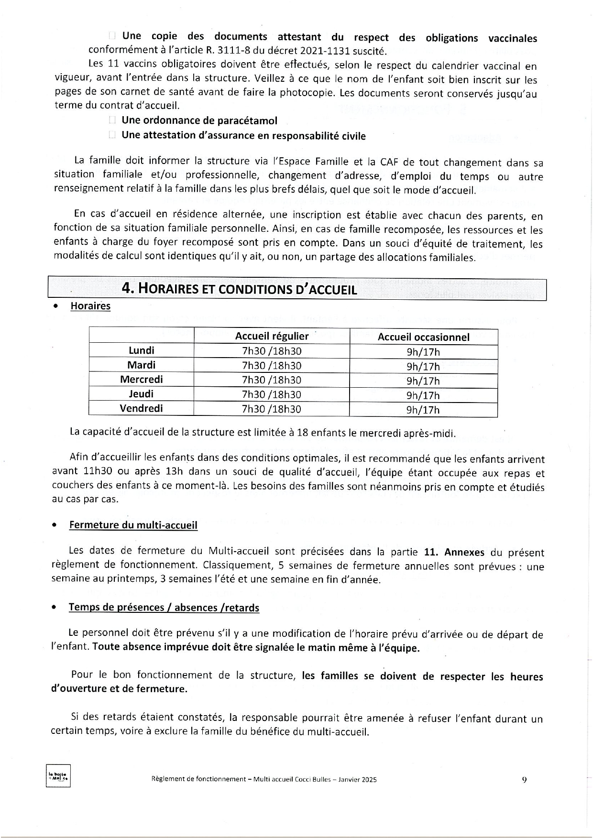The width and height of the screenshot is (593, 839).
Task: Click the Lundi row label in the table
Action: [x=142, y=350]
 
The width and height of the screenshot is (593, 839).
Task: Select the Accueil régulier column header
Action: [x=272, y=336]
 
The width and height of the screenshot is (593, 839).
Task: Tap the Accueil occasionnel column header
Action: [x=423, y=337]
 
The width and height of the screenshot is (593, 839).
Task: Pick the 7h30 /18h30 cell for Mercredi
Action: [x=272, y=380]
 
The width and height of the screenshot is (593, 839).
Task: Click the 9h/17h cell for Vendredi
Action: [x=423, y=410]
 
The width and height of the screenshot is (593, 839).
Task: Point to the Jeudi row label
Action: [x=142, y=394]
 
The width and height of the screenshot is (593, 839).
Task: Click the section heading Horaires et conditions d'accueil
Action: [x=240, y=289]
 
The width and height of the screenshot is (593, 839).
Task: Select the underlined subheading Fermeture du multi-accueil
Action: [x=133, y=525]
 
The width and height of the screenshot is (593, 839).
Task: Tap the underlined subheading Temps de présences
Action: [x=164, y=607]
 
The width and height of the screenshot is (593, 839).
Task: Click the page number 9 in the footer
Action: [x=524, y=779]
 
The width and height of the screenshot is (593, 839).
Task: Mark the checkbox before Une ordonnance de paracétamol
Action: [x=112, y=121]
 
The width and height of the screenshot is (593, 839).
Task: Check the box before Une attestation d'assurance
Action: [x=112, y=135]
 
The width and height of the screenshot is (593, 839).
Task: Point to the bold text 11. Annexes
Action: [x=454, y=552]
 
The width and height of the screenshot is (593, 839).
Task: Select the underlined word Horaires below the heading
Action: [x=90, y=306]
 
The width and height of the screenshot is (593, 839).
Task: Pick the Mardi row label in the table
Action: [x=142, y=365]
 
